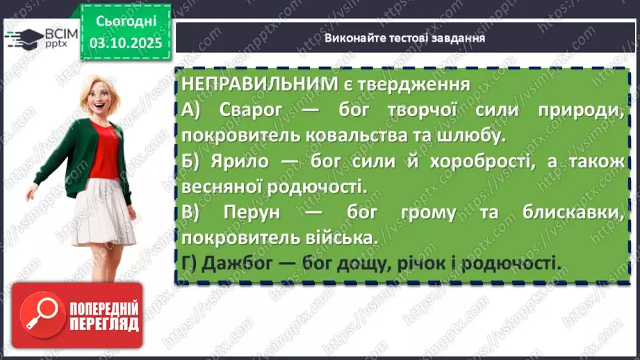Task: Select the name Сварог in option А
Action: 245,110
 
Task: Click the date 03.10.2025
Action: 125,44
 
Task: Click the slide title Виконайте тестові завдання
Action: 404,38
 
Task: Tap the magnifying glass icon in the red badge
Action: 45,316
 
